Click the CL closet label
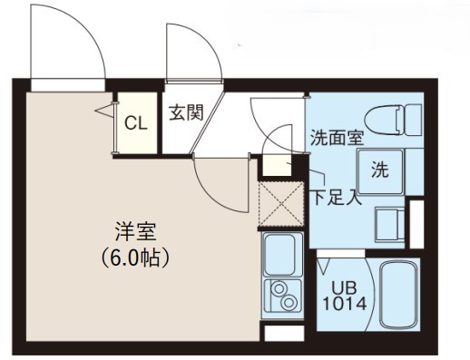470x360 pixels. pos(136,123)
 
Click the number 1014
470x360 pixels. pos(344,304)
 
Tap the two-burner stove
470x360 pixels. pos(283,296)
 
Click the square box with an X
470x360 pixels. pos(280,204)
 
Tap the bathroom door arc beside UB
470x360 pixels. pos(335,263)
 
